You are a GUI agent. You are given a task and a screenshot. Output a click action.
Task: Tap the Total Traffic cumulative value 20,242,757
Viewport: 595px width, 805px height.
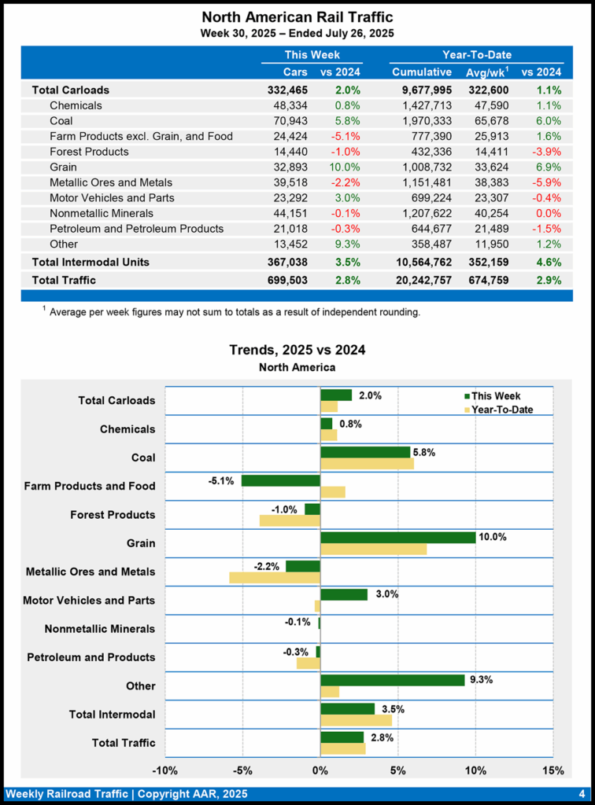(x=421, y=280)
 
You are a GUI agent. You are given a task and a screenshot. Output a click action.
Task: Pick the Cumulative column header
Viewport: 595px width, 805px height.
(x=422, y=72)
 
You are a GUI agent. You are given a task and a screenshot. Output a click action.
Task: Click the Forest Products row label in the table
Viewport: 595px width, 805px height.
(x=89, y=152)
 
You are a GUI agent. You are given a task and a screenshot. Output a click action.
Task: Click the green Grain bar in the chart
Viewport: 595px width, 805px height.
(x=397, y=537)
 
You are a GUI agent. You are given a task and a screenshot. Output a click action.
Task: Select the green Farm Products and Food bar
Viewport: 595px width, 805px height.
(x=281, y=480)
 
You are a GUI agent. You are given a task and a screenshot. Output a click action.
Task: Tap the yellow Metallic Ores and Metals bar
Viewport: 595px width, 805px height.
(x=275, y=577)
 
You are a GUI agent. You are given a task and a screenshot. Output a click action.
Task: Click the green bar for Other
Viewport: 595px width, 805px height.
(x=392, y=680)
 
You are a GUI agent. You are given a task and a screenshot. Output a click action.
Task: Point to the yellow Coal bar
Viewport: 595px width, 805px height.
(x=367, y=464)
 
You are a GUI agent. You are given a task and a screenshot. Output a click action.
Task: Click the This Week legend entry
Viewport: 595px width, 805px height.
(x=496, y=396)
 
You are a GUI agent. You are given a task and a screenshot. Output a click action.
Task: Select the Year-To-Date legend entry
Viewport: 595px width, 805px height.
(x=501, y=409)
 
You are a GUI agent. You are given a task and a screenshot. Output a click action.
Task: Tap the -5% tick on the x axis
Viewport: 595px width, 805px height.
(x=242, y=770)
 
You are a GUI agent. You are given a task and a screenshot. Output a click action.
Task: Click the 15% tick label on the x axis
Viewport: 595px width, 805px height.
(x=552, y=770)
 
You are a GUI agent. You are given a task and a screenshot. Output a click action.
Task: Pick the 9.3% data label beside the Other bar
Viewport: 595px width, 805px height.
(x=480, y=680)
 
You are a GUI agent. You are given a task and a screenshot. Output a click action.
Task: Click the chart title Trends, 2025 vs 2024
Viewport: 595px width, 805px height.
(x=297, y=350)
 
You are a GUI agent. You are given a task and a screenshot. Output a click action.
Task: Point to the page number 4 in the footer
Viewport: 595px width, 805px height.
(x=581, y=794)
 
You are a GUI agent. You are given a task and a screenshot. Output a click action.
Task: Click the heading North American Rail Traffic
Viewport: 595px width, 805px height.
(x=297, y=17)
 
